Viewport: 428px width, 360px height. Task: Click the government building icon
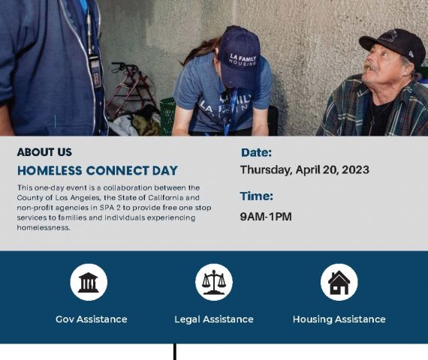(89, 282)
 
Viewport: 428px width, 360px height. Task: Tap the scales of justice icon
(214, 282)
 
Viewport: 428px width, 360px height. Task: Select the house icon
(339, 283)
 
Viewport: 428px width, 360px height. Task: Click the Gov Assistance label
(92, 319)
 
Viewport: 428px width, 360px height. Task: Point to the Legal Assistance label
(214, 319)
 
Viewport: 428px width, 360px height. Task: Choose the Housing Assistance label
(339, 319)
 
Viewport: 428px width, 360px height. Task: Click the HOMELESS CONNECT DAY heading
(98, 171)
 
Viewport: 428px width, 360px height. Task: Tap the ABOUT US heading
(44, 152)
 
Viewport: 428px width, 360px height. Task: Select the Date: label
(256, 152)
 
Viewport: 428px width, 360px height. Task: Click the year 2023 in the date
(355, 169)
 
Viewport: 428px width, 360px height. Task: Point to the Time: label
(257, 196)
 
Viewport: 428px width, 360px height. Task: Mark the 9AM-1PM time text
(266, 217)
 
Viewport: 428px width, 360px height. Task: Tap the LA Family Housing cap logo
(243, 60)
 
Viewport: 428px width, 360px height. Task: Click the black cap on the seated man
(393, 46)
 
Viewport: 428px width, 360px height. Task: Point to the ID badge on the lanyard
(95, 71)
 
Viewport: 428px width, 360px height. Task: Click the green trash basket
(167, 116)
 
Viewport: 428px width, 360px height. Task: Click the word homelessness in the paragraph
(44, 228)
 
